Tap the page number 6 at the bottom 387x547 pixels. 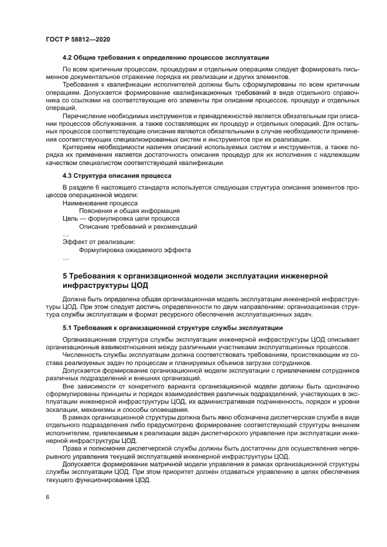48,496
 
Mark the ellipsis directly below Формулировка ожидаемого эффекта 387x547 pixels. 66,257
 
